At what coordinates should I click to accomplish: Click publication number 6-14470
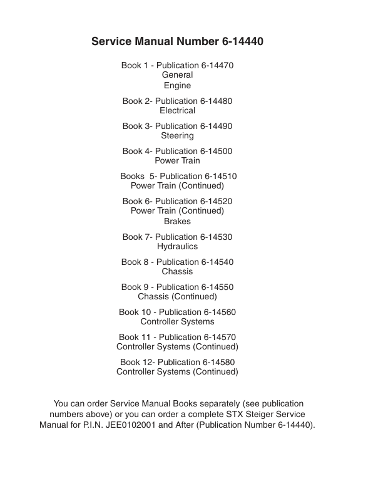point(217,65)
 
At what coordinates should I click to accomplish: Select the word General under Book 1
point(177,75)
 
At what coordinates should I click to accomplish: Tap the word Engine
point(177,86)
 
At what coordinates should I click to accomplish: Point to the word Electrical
point(177,111)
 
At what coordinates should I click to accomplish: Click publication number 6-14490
point(216,126)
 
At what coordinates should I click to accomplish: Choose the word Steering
point(177,136)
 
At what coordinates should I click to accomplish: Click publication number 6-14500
point(216,151)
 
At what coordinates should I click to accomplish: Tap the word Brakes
point(177,222)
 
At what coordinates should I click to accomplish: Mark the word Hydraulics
point(177,247)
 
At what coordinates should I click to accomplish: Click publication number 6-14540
point(217,262)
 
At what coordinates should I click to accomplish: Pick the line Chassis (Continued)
point(177,297)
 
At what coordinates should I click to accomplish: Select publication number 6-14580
point(218,362)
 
